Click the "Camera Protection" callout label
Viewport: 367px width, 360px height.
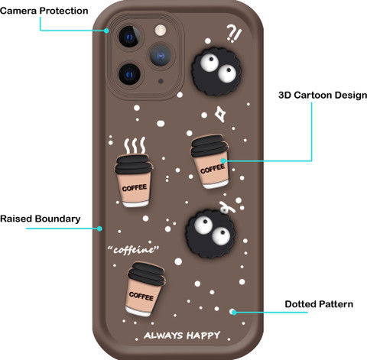[44, 11]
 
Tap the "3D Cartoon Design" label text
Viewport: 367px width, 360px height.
[323, 95]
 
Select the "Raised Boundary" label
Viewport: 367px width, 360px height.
[41, 219]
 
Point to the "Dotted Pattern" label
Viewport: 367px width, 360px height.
[319, 304]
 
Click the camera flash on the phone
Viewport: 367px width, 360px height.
[161, 31]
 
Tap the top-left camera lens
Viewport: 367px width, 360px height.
[129, 37]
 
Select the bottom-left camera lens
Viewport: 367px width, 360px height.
[129, 74]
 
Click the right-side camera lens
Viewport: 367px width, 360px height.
[161, 55]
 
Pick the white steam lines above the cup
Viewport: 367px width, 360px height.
[135, 145]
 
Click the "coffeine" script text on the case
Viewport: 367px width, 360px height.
[133, 249]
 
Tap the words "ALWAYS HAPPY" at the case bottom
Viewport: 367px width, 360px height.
[182, 335]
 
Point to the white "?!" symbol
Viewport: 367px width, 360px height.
[234, 34]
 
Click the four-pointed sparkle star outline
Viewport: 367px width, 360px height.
[219, 114]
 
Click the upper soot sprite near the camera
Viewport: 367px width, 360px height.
[216, 71]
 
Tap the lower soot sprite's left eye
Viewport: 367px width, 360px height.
[204, 225]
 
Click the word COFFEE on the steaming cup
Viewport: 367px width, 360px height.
[135, 188]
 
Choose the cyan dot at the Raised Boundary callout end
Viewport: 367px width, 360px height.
[99, 229]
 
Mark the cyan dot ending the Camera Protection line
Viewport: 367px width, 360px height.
[106, 31]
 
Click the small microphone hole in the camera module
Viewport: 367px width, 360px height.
[161, 81]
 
